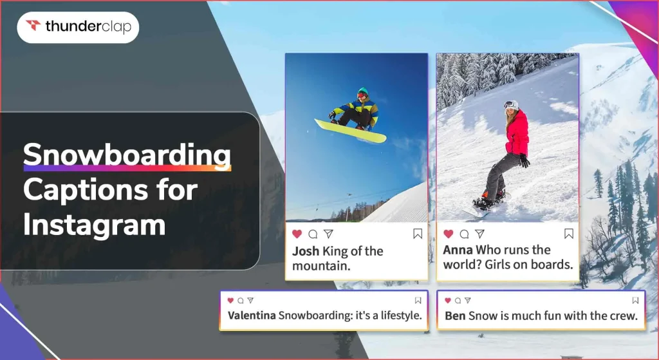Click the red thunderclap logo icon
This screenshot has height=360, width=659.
coord(33,26)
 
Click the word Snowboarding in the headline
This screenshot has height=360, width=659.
coord(127,155)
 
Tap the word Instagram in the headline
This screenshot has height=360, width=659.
coord(95,225)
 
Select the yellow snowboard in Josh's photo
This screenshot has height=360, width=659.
coord(350,130)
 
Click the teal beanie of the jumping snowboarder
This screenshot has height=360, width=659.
coord(363,90)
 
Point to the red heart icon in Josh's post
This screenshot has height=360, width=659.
coord(297,234)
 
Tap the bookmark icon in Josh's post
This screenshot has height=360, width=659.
coord(417,234)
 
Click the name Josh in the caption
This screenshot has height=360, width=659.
coord(306,251)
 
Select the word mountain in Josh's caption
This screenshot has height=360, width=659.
coord(322,266)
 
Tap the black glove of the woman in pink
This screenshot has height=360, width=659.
coord(524,160)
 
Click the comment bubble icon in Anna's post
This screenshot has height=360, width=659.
coord(464,234)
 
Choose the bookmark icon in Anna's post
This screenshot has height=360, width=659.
coord(569,234)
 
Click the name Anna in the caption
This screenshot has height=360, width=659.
coord(458,250)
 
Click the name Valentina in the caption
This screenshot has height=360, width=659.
coord(252,316)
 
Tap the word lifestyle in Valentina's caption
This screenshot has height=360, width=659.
coord(402,316)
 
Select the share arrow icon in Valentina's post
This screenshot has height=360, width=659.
coord(250,300)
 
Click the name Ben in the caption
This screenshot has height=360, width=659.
coord(455,316)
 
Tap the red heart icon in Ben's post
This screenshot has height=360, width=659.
coord(448,300)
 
